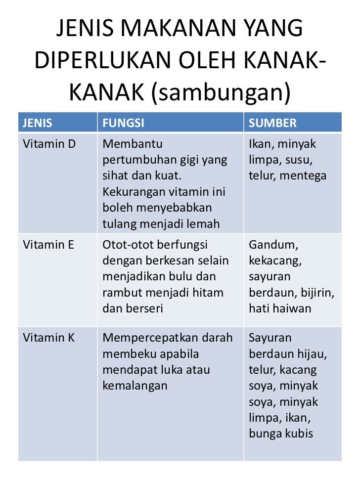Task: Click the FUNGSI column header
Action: coord(123,124)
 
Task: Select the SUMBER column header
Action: coord(272,124)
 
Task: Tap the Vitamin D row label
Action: coord(48,144)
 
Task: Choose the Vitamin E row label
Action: coord(47,245)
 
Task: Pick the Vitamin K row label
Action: coord(48,339)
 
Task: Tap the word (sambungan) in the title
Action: coord(220,92)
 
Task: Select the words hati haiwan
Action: coord(280,308)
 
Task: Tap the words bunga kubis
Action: coord(281,434)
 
